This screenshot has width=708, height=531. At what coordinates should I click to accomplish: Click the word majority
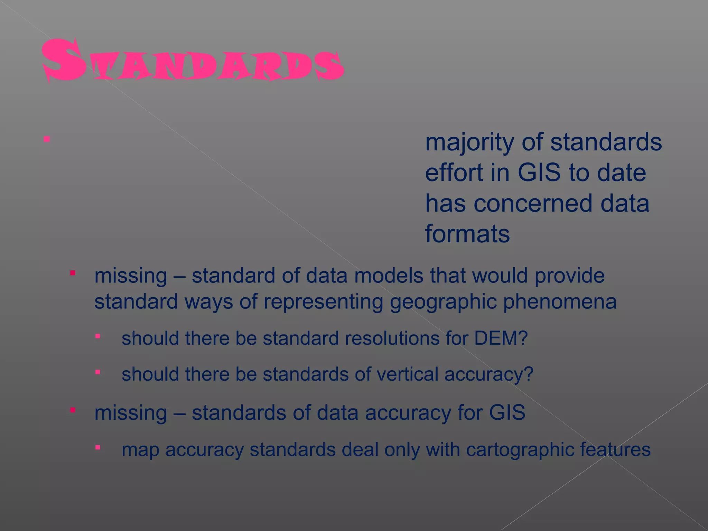coord(469,142)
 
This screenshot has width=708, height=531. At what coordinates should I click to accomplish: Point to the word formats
coord(467,234)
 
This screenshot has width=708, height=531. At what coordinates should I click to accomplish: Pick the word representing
coord(323,302)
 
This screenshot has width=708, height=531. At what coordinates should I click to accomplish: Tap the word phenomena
coord(560,302)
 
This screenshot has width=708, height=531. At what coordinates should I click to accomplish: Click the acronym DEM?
coord(501,338)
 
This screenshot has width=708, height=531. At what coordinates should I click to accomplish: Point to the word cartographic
coord(520,450)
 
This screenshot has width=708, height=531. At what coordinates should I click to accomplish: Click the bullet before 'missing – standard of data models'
coord(73,273)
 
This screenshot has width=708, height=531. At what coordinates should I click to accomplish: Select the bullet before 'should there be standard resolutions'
coord(98,336)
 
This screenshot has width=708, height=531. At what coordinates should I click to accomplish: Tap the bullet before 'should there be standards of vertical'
coord(98,372)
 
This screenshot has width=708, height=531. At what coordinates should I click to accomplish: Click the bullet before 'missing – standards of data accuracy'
coord(73,410)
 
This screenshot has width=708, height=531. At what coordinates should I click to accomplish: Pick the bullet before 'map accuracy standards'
coord(98,448)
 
